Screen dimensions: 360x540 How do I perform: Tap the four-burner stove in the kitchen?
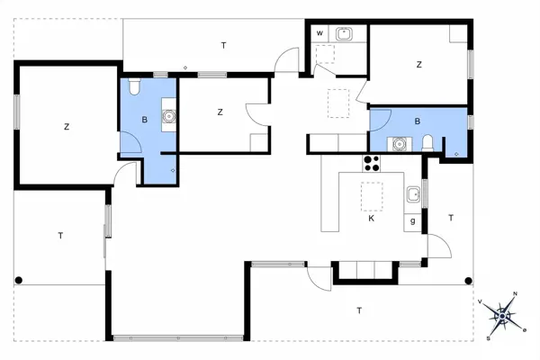[x=372, y=163]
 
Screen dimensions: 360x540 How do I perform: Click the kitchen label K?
[x=370, y=218]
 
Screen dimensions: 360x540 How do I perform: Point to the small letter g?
[x=413, y=220]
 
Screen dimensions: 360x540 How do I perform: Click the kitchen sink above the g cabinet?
[x=413, y=194]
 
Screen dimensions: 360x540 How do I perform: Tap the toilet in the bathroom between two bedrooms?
[x=133, y=87]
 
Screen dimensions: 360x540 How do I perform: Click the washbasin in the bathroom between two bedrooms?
[x=168, y=116]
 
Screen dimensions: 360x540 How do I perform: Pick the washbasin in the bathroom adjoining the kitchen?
[x=398, y=142]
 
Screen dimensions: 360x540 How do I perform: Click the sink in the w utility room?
[x=344, y=34]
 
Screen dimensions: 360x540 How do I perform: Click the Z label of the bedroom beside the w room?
[x=418, y=65]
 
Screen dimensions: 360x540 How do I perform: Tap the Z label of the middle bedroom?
[x=220, y=112]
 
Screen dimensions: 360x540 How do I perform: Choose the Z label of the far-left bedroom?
[x=67, y=127]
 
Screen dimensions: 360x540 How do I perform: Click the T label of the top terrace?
[x=221, y=44]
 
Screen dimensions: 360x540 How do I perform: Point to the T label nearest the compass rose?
[x=359, y=310]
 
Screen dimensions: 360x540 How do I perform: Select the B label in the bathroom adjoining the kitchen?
[x=417, y=121]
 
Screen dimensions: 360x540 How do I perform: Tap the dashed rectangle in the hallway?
[x=337, y=103]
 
